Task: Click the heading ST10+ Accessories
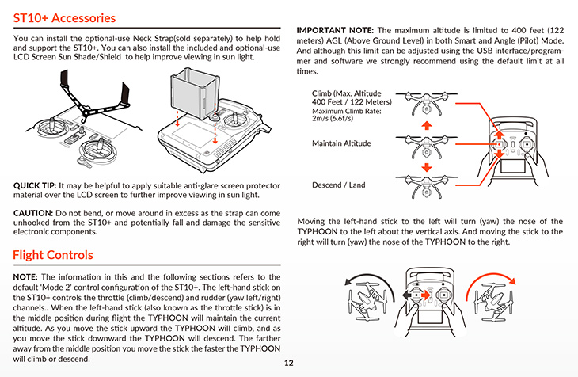point(64,17)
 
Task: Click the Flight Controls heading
point(53,255)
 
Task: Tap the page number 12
point(289,364)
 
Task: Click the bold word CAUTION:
point(33,213)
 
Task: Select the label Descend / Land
point(339,185)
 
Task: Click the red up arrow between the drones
point(426,126)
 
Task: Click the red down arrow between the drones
point(426,166)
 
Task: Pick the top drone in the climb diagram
point(426,105)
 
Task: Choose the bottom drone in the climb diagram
point(426,185)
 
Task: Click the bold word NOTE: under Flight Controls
point(29,276)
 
